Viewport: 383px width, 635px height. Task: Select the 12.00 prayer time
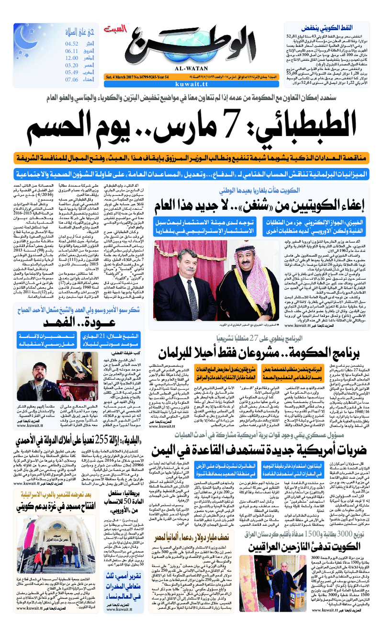[x=72, y=58]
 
